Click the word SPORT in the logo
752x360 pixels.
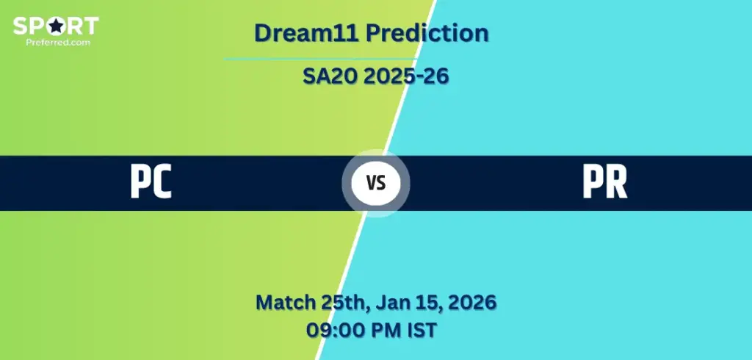[56, 26]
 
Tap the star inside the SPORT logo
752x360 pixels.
[57, 26]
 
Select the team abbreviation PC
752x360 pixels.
[151, 183]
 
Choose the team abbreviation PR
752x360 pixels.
[605, 183]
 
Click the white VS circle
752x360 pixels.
[376, 184]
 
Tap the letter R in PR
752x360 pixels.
[617, 183]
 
